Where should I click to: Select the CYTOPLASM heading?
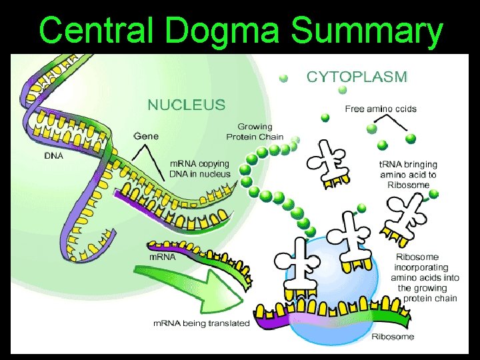357,77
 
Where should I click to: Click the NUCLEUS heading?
186,105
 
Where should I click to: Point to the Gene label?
146,136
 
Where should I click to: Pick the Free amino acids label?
380,109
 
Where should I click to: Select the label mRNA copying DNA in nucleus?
199,169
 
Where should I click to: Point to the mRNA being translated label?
201,323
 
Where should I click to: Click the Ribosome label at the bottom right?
393,336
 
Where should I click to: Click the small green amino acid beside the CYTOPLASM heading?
284,78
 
